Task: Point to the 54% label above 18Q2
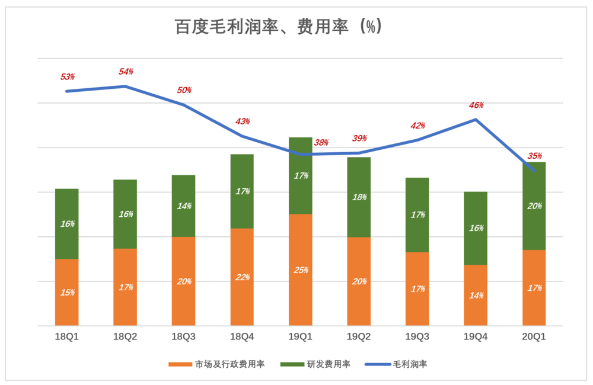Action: pyautogui.click(x=126, y=72)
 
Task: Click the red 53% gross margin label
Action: pyautogui.click(x=68, y=77)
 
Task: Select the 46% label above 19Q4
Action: pyautogui.click(x=476, y=105)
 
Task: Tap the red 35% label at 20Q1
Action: pyautogui.click(x=534, y=156)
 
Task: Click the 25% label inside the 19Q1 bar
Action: pyautogui.click(x=301, y=270)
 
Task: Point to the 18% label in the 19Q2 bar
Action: pyautogui.click(x=359, y=197)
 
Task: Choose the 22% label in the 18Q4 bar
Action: pyautogui.click(x=242, y=277)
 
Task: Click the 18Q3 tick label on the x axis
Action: pyautogui.click(x=183, y=336)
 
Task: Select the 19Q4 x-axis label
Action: pyautogui.click(x=476, y=336)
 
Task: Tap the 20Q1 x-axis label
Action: pyautogui.click(x=534, y=336)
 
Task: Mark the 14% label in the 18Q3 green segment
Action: pyautogui.click(x=184, y=206)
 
